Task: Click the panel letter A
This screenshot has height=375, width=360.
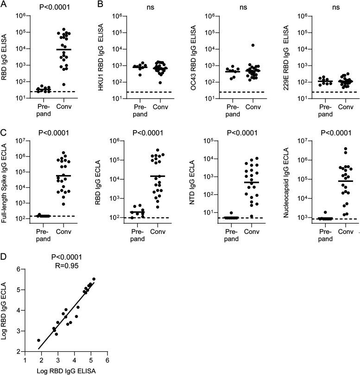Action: pyautogui.click(x=4, y=5)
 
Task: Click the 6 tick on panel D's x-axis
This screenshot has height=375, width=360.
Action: pyautogui.click(x=107, y=359)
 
